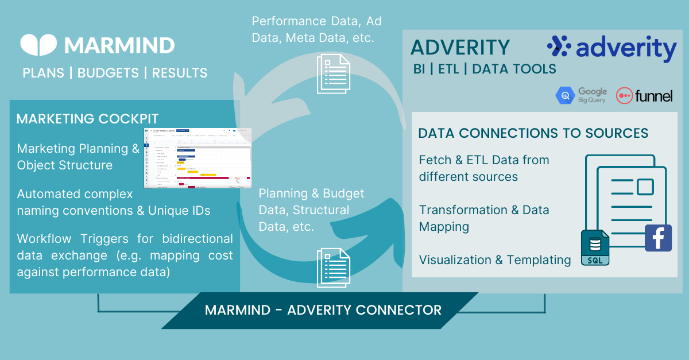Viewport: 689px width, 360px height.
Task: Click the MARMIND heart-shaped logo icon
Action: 38,45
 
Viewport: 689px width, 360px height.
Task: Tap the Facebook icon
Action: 658,238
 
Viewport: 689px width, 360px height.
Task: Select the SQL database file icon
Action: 595,248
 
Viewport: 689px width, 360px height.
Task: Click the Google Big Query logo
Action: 581,95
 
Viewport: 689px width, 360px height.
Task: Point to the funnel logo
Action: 644,96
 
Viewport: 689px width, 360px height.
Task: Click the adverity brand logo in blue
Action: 611,49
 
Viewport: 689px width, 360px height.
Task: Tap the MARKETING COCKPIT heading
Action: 87,119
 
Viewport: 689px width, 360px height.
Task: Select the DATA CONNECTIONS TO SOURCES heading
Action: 533,133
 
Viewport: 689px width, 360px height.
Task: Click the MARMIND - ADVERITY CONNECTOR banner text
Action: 323,310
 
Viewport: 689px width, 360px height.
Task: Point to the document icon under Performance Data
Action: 333,73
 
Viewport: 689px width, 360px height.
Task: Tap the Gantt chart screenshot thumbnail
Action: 197,157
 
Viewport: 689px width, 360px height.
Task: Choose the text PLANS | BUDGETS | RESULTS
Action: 115,73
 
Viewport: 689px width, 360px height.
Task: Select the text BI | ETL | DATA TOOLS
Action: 484,69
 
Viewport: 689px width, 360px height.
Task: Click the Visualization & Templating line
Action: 494,260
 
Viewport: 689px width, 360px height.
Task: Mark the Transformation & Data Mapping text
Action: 483,218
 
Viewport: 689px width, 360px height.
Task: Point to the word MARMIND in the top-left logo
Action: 119,45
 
